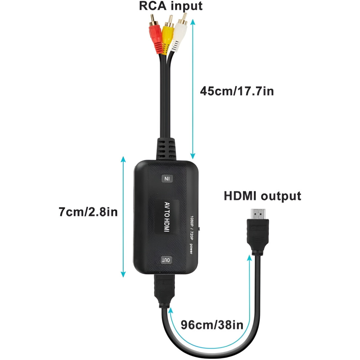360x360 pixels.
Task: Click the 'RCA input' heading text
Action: [171, 6]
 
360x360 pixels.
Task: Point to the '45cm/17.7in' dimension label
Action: [237, 91]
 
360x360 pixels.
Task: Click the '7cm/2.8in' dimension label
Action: [88, 212]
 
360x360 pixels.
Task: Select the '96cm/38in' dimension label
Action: [212, 325]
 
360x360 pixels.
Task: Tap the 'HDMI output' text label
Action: [263, 196]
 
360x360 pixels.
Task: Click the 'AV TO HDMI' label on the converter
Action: [167, 217]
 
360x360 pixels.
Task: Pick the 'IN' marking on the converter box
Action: [167, 179]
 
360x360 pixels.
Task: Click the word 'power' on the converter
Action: [191, 248]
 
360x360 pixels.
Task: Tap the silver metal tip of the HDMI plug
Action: [258, 214]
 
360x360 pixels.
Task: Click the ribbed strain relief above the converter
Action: [167, 149]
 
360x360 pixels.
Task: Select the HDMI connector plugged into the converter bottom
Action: [164, 291]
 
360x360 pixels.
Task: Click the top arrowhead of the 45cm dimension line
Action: [193, 22]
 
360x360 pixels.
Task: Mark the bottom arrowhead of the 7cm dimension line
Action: [123, 274]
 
